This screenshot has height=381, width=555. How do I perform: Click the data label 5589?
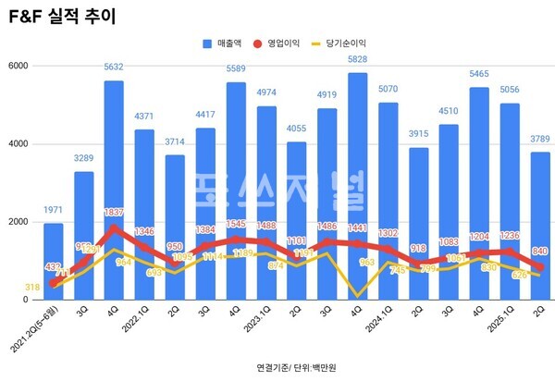236,69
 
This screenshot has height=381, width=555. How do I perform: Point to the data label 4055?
295,129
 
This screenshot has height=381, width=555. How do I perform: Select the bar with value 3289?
84,236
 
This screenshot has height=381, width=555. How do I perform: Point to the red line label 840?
540,252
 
